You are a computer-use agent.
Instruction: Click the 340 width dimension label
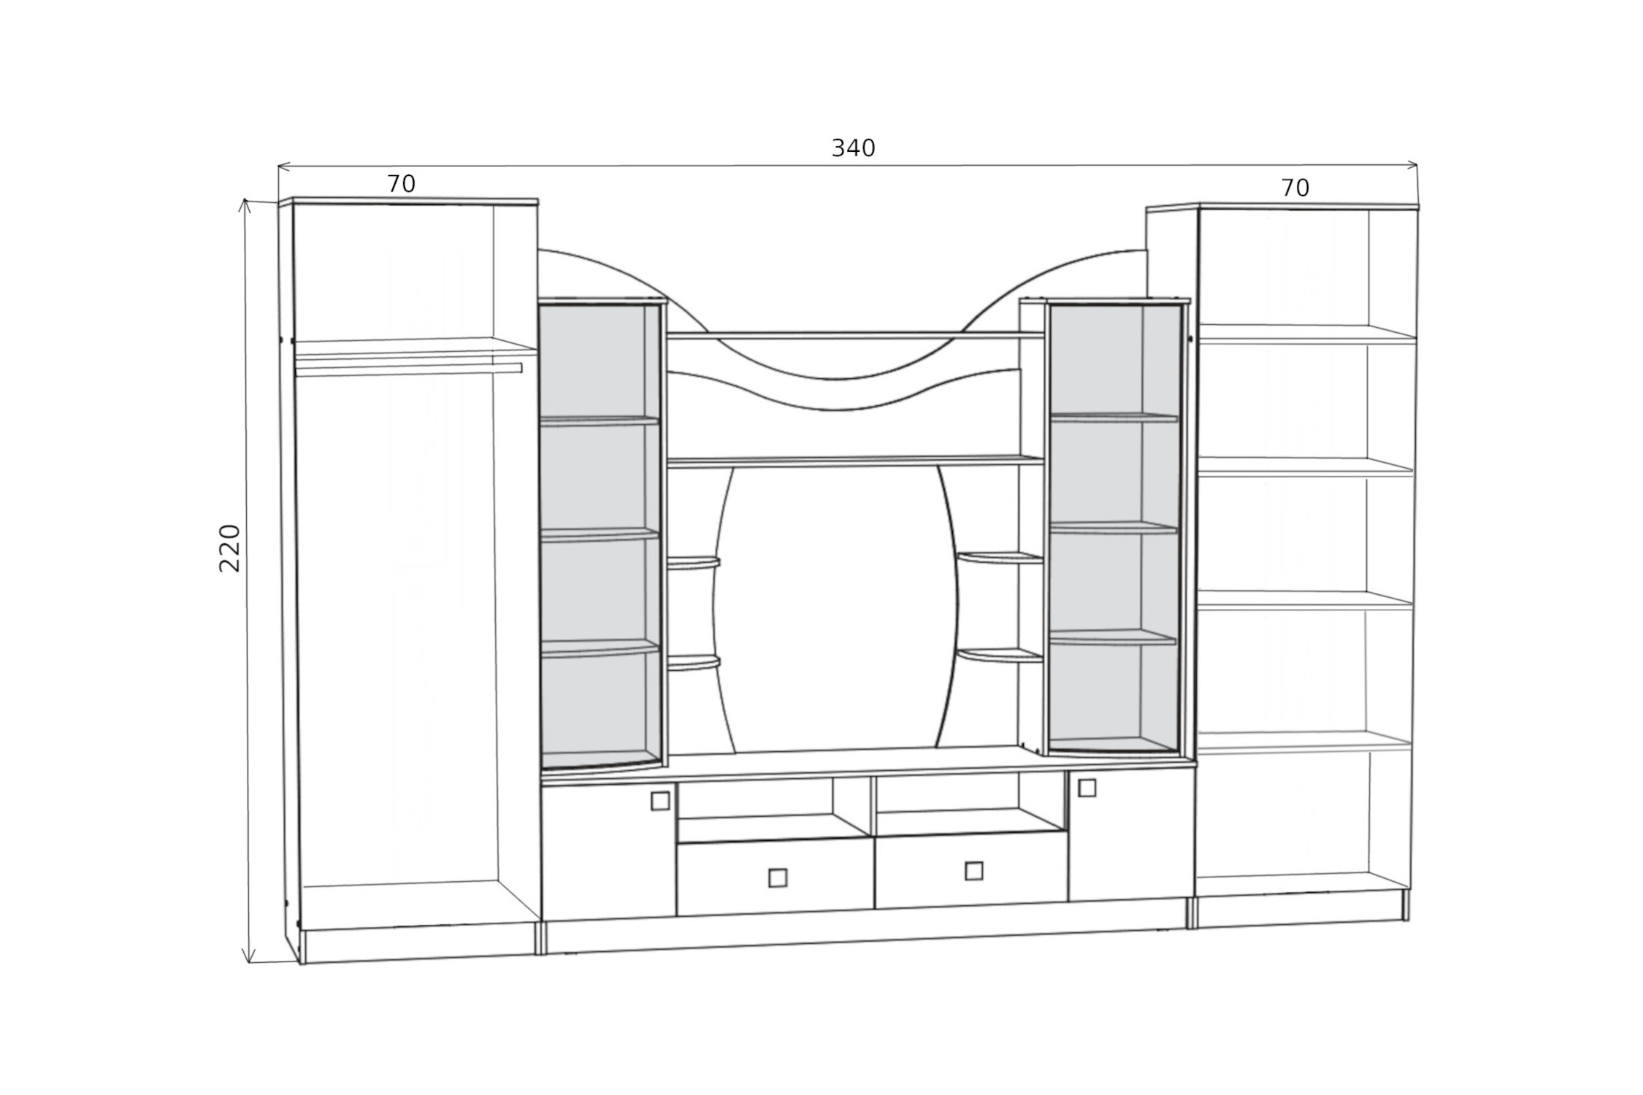(853, 148)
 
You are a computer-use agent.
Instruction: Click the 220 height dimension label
(230, 547)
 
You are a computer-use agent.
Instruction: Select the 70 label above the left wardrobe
(401, 183)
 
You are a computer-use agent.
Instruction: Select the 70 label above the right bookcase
(1295, 188)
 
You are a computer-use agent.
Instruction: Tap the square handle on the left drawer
(778, 877)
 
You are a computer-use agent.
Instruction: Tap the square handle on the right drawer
(973, 871)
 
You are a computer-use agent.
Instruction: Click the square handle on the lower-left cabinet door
(659, 801)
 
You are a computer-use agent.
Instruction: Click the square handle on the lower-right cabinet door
(1087, 788)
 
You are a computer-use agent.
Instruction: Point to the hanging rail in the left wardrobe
(409, 369)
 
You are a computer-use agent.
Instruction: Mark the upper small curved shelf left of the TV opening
(693, 563)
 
